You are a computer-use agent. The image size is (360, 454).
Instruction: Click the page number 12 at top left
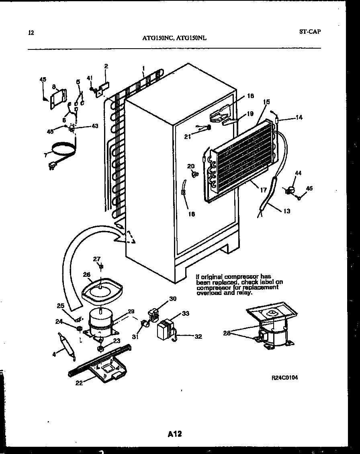point(31,33)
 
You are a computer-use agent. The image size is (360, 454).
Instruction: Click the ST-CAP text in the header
point(310,32)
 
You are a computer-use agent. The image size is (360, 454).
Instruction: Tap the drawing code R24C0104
point(285,378)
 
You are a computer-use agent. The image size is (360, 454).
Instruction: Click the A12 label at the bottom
point(175,434)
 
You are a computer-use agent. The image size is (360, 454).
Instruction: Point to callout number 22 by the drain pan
point(79,383)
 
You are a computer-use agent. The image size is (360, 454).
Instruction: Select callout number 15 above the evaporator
point(266,102)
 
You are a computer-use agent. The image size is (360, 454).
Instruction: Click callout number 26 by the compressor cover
point(87,275)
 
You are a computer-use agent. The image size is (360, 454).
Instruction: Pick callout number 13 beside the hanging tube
point(286,211)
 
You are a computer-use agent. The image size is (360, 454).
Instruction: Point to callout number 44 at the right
point(298,173)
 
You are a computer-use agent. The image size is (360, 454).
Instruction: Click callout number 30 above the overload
point(173,299)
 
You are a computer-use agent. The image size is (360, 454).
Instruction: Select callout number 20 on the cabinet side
point(191,166)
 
